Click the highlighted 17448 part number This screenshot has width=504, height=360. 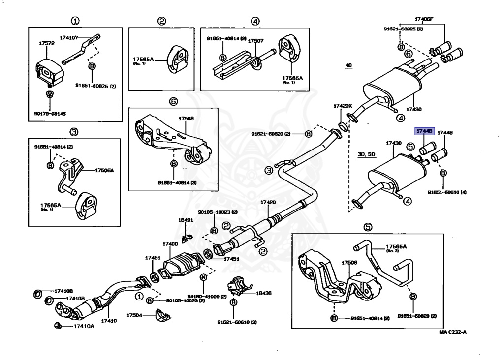tap(423, 132)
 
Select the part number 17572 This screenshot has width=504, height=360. tap(47, 43)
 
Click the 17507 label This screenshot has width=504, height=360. tap(255, 41)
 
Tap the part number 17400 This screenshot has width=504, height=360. tap(170, 244)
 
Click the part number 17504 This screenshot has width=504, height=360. tap(134, 315)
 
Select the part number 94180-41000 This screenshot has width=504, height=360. tap(203, 297)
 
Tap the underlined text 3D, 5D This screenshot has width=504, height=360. tap(366, 154)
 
